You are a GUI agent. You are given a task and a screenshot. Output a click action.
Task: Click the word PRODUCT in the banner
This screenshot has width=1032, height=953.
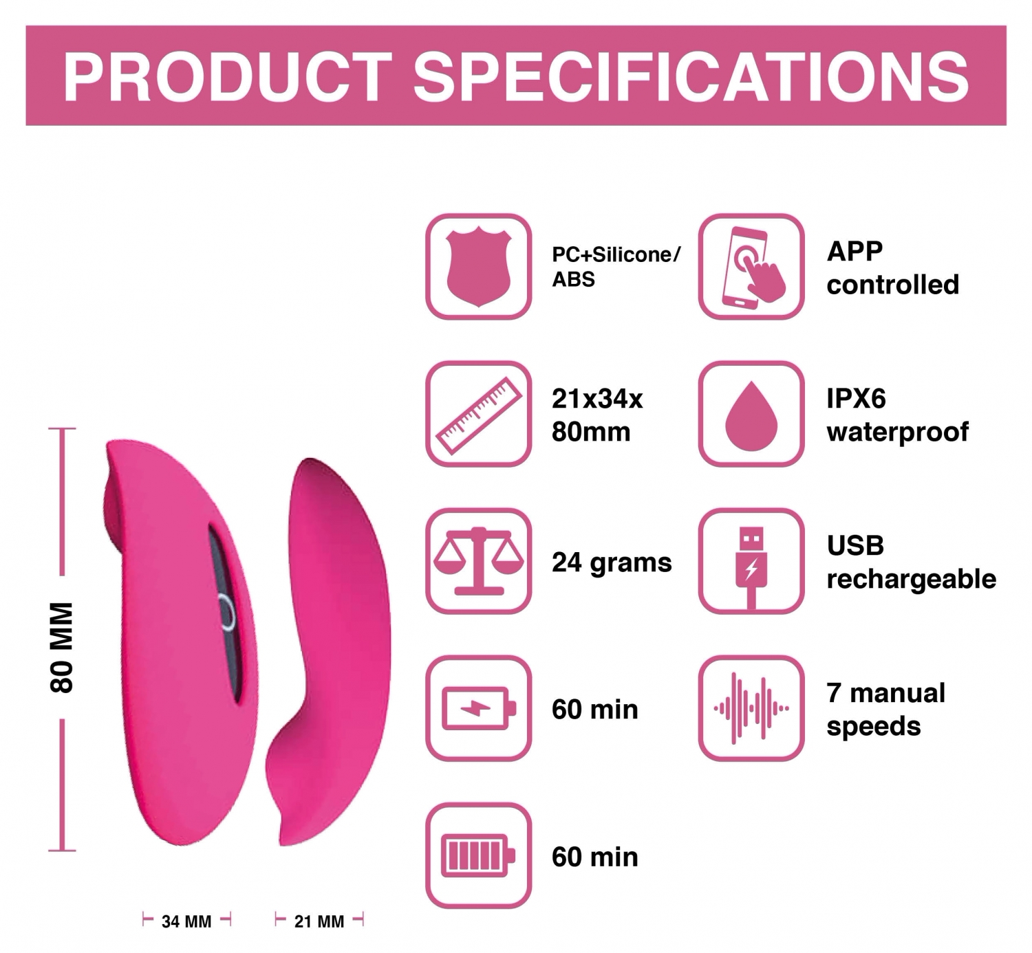[227, 77]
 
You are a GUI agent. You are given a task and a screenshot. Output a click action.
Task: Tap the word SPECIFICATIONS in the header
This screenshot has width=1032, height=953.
[691, 77]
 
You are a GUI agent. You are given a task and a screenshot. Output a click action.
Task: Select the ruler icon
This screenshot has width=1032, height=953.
[478, 415]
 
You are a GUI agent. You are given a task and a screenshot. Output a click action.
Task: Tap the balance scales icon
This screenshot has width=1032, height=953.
[478, 561]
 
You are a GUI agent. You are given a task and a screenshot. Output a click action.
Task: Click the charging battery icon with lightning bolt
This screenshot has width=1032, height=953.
[478, 708]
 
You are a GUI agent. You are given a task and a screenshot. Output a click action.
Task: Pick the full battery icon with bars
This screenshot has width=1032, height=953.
[478, 855]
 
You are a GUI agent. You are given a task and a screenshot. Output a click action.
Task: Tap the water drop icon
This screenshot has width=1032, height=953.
[751, 415]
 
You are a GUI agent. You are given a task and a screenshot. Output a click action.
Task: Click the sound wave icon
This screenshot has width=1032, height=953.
[751, 708]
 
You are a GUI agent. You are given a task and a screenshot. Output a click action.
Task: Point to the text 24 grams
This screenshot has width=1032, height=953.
[612, 562]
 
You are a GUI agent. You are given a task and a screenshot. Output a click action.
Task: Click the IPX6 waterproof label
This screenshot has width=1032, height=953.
[897, 415]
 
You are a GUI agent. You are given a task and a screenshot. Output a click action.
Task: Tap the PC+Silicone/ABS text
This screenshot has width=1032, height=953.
[616, 266]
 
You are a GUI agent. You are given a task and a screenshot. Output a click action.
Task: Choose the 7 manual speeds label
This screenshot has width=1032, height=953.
[885, 709]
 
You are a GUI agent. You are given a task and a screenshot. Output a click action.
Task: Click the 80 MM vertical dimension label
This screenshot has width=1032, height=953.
[61, 647]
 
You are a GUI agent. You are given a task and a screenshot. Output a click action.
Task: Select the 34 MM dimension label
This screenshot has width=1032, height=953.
[186, 921]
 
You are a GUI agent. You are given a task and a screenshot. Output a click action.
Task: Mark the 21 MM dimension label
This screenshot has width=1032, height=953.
[319, 921]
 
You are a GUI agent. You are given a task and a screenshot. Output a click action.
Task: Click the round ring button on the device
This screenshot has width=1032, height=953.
[226, 613]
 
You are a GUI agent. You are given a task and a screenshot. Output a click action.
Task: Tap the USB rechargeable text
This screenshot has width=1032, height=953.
[911, 562]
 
